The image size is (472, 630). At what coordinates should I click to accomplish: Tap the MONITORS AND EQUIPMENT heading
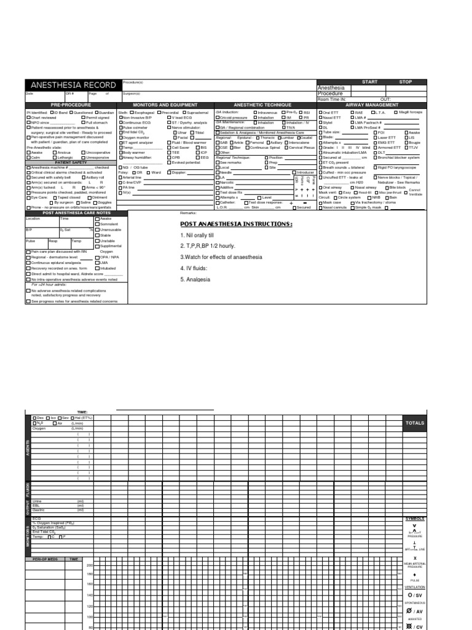click(165, 105)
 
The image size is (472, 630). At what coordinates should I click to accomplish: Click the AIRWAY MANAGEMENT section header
click(372, 105)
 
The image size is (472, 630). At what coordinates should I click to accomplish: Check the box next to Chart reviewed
click(28, 118)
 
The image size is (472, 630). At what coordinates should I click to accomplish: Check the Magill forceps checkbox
click(395, 113)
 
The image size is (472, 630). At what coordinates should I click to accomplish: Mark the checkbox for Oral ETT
click(320, 113)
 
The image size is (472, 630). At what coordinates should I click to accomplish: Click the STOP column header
click(406, 82)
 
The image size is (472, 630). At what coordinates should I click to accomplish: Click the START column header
click(370, 82)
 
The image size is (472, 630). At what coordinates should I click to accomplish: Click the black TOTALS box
click(414, 423)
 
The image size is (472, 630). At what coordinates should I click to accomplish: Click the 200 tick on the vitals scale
click(89, 565)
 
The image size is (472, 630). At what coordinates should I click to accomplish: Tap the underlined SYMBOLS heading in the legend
click(414, 518)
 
